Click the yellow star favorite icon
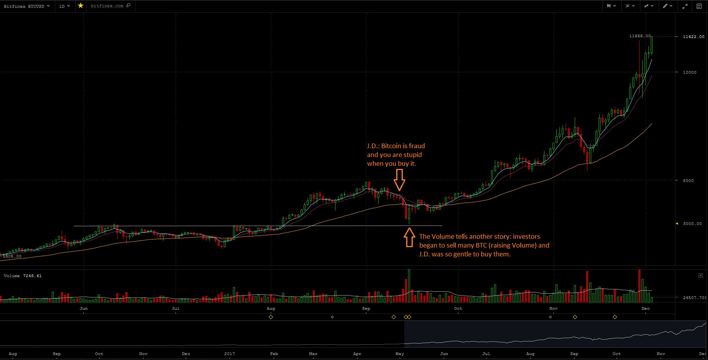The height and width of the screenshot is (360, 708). [81, 6]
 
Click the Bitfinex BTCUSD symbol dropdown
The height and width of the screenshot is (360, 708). [26, 6]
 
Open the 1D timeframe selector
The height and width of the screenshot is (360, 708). [65, 6]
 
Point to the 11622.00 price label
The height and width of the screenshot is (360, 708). [693, 37]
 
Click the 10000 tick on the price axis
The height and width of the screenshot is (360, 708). [690, 72]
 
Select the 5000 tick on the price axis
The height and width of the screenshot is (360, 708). [688, 180]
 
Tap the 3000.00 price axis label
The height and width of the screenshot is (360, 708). [692, 223]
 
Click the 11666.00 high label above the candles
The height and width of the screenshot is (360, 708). [640, 36]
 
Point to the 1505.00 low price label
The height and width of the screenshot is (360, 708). [12, 256]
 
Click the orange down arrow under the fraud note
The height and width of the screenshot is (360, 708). [400, 180]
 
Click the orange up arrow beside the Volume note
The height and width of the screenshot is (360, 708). [409, 237]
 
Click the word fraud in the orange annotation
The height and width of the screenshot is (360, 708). [417, 146]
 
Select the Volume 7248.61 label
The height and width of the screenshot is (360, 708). [23, 276]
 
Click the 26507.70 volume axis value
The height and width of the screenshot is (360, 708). [694, 297]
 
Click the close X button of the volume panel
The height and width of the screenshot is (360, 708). [701, 276]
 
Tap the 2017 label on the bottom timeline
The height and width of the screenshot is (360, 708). [229, 353]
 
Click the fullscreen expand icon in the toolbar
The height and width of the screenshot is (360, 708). [685, 6]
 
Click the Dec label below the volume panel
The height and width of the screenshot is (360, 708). [646, 308]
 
